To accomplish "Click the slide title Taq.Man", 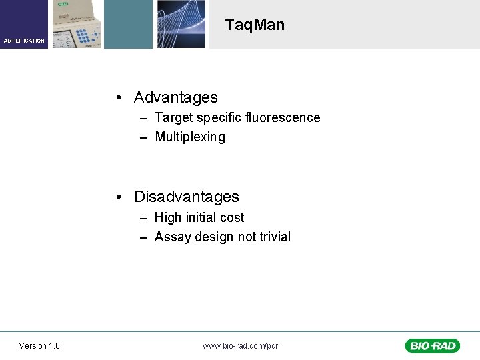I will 255,25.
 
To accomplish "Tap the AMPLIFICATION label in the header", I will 24,41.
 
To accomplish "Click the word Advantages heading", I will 175,97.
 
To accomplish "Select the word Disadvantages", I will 186,197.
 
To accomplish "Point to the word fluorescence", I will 282,117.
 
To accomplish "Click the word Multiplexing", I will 190,137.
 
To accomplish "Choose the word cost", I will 231,217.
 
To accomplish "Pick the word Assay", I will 173,237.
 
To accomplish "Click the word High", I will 167,217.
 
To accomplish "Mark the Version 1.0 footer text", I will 39,345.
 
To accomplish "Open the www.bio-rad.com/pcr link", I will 240,345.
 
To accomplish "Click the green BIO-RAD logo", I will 432,345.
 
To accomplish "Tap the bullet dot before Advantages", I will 117,98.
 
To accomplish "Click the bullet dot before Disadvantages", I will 117,197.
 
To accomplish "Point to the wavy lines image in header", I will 181,24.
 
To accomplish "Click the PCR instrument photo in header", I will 77,24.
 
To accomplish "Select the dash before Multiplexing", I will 144,137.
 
